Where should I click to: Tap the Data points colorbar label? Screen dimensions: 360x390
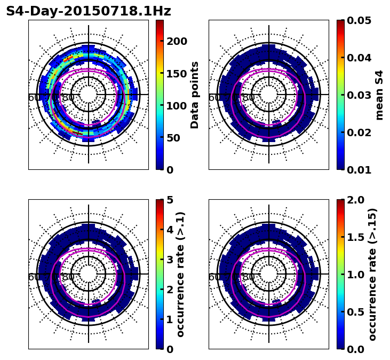click(x=195, y=95)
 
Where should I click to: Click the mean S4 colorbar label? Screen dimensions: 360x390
click(x=379, y=95)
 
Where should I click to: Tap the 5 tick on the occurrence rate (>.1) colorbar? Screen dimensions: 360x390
click(x=170, y=200)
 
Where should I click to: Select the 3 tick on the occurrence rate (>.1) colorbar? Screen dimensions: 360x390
click(x=170, y=260)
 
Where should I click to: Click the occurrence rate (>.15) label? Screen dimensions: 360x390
click(x=372, y=275)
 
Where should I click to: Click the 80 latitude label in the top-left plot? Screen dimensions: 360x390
click(x=68, y=98)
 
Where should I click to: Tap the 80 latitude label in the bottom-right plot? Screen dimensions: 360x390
click(x=249, y=277)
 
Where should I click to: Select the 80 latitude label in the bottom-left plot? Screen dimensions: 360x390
click(x=68, y=277)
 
